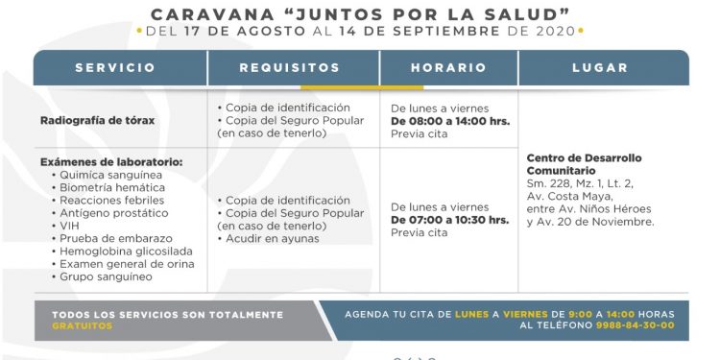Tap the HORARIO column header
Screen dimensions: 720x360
[x=448, y=68]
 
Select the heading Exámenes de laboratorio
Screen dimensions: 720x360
[x=111, y=162]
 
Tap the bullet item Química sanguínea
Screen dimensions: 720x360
[x=111, y=176]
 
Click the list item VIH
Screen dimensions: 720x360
[x=70, y=226]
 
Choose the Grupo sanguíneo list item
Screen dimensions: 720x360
[x=106, y=276]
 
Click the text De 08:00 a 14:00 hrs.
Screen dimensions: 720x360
[x=449, y=121]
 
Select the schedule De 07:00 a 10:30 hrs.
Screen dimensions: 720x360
[x=449, y=220]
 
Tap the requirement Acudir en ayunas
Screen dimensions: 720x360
[x=274, y=238]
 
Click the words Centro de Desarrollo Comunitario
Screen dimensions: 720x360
[x=585, y=164]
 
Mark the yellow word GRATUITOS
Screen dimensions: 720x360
[x=82, y=325]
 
